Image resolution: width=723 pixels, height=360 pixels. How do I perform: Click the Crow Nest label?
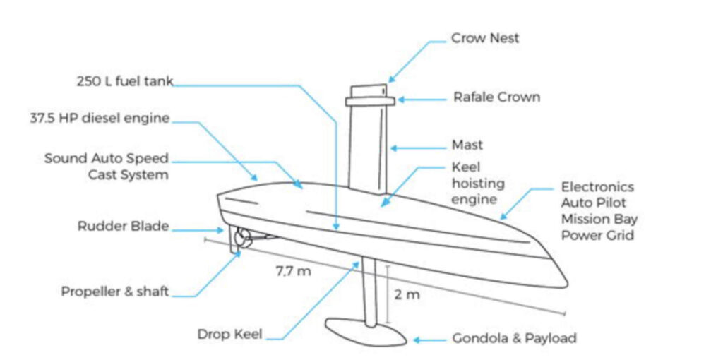click(x=485, y=38)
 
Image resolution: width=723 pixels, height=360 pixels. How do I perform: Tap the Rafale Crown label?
click(x=496, y=97)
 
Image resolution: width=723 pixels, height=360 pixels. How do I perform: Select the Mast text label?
click(x=467, y=146)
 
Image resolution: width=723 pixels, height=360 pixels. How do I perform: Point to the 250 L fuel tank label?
click(x=124, y=81)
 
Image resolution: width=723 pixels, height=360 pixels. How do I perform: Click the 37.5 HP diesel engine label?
click(x=100, y=118)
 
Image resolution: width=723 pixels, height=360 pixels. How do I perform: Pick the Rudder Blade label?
click(x=123, y=227)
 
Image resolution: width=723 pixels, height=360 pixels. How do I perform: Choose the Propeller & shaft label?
click(x=114, y=291)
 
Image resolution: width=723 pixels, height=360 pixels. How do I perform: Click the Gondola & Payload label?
click(x=514, y=338)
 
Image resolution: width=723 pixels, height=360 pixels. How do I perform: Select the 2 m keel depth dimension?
click(x=407, y=294)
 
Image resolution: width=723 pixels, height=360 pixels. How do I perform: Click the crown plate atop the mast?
click(x=369, y=101)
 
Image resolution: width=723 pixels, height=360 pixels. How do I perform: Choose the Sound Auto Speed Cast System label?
click(x=106, y=166)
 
